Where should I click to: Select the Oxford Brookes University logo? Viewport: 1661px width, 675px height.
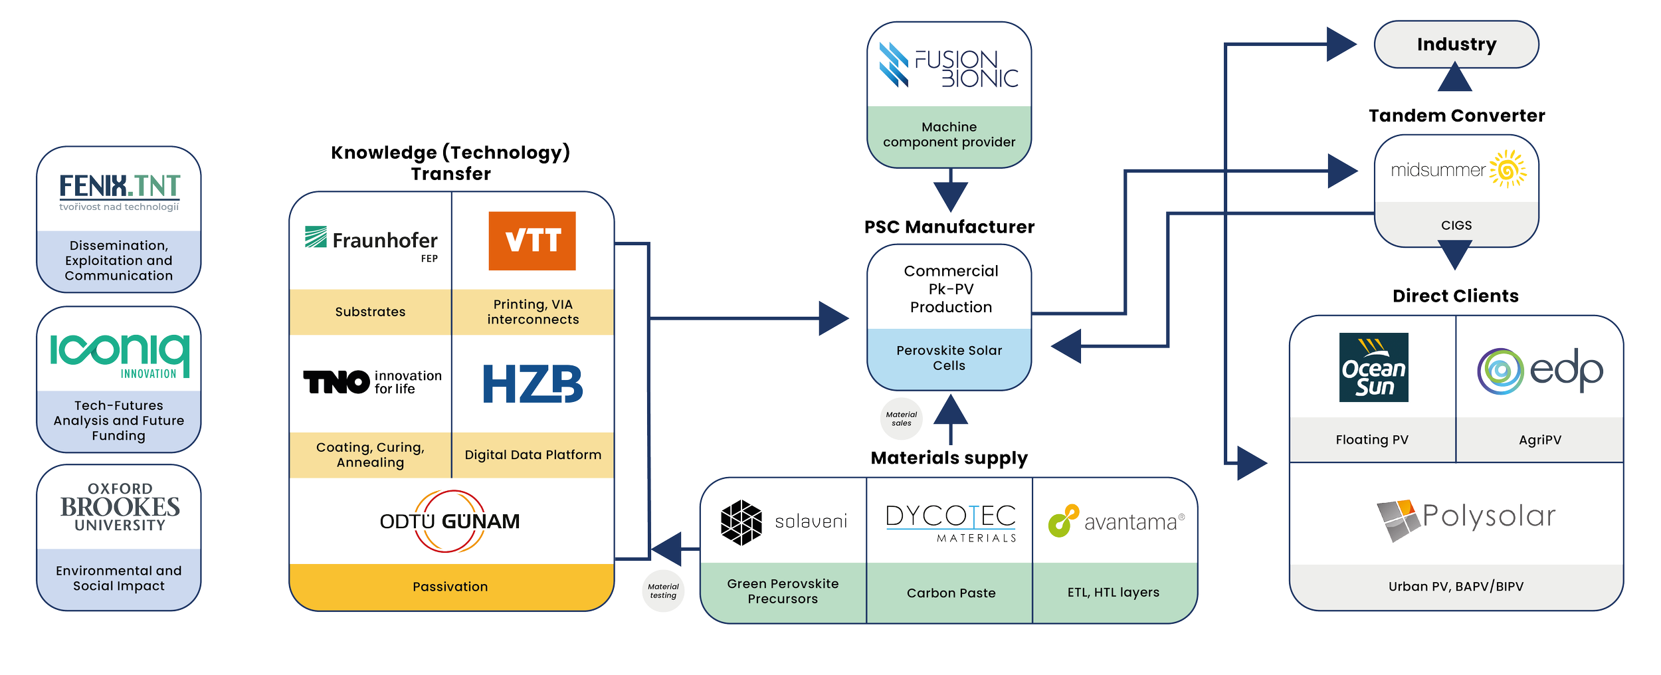120,507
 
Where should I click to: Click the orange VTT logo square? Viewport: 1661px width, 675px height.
532,241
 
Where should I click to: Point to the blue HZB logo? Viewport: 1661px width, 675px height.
532,384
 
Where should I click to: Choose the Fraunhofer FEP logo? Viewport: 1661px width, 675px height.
371,242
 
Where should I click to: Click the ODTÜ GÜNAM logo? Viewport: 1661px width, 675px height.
450,522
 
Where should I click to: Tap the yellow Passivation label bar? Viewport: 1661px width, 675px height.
450,587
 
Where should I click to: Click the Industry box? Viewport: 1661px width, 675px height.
1456,45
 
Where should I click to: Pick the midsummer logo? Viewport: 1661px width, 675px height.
1458,170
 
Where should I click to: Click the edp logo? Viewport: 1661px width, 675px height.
1539,372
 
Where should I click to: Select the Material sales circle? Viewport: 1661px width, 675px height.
902,419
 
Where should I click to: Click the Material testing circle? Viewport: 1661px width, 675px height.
663,591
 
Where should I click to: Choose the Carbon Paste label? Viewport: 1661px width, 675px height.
951,593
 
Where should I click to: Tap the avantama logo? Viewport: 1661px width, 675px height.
1116,522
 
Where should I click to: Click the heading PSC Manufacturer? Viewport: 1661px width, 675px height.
949,227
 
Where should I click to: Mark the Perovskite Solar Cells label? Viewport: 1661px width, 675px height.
949,358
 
